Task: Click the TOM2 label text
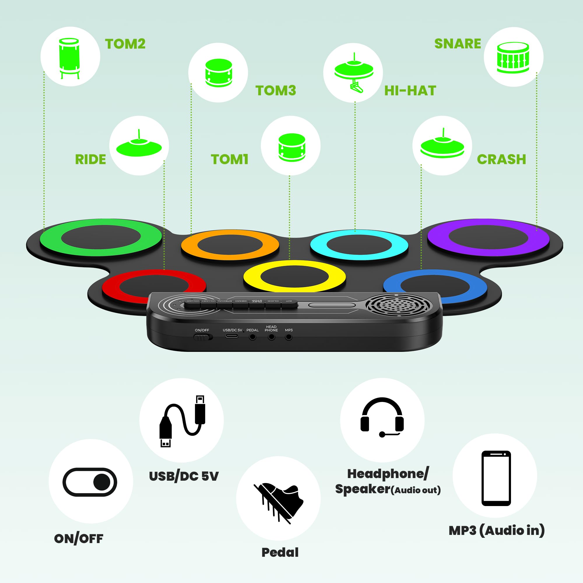[125, 44]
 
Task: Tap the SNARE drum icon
[513, 57]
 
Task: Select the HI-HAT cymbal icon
[354, 73]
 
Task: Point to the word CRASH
[501, 160]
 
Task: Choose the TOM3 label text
[276, 91]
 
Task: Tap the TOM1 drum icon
[291, 147]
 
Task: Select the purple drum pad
[488, 238]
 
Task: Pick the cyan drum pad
[359, 245]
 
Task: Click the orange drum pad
[230, 245]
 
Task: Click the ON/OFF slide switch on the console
[203, 337]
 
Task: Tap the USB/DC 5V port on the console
[232, 336]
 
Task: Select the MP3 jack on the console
[289, 337]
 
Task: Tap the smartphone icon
[496, 478]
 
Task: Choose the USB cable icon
[182, 421]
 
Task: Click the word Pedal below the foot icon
[280, 552]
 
